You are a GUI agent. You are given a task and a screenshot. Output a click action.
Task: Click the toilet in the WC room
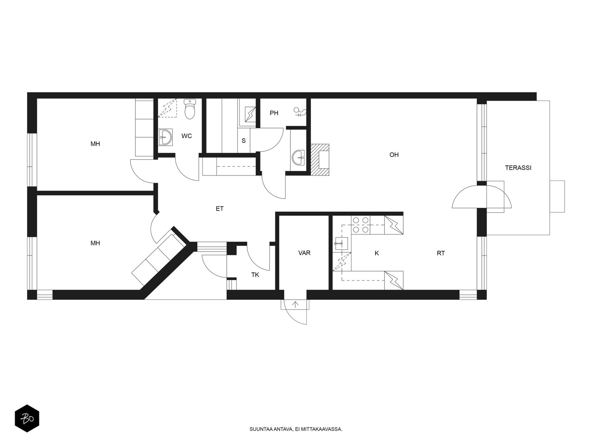pos(190,109)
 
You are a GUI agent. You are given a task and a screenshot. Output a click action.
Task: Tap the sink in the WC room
pos(165,137)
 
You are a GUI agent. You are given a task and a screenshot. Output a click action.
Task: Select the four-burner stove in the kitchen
pos(361,225)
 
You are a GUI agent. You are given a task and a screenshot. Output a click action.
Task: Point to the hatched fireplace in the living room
pos(320,160)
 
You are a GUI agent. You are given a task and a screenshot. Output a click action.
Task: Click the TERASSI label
pos(518,168)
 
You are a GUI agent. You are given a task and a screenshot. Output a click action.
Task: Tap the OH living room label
pos(394,155)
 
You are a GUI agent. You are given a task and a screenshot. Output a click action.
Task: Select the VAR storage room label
pos(304,253)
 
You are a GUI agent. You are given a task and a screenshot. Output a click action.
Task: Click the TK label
pos(255,275)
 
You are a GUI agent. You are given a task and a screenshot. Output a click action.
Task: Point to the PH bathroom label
pos(274,113)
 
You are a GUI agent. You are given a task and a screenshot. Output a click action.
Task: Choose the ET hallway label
pos(219,209)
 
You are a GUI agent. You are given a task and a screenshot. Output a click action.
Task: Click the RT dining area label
pos(441,253)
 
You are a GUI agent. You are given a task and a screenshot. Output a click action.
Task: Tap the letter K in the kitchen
pos(377,253)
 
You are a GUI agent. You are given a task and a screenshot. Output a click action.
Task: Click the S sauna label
pos(243,141)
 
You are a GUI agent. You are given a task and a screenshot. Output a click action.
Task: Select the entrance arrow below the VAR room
pos(295,305)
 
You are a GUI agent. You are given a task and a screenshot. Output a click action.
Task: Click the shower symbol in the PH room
pos(300,112)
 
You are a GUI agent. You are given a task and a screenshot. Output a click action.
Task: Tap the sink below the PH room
pos(298,158)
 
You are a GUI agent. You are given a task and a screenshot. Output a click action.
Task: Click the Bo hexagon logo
pos(27,418)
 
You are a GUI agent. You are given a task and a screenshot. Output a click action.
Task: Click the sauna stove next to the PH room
pos(250,114)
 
